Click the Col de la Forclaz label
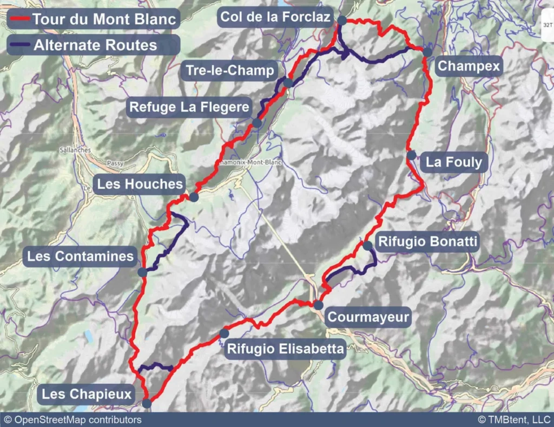click(x=275, y=18)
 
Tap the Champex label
click(x=469, y=66)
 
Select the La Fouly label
click(x=453, y=162)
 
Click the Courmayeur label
click(x=369, y=317)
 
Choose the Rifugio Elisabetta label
click(x=285, y=349)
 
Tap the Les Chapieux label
click(x=87, y=395)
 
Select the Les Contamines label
click(x=81, y=256)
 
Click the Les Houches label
click(x=140, y=184)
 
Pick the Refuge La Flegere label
click(x=189, y=107)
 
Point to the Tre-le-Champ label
click(x=229, y=71)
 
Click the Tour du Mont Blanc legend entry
click(x=93, y=19)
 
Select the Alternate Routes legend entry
click(x=93, y=45)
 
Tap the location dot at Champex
click(x=427, y=52)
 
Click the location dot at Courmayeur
click(x=318, y=305)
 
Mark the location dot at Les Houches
click(x=194, y=197)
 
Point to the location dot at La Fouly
click(x=412, y=156)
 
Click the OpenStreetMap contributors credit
click(x=72, y=420)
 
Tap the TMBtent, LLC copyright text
click(x=513, y=420)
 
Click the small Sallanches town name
click(x=76, y=150)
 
